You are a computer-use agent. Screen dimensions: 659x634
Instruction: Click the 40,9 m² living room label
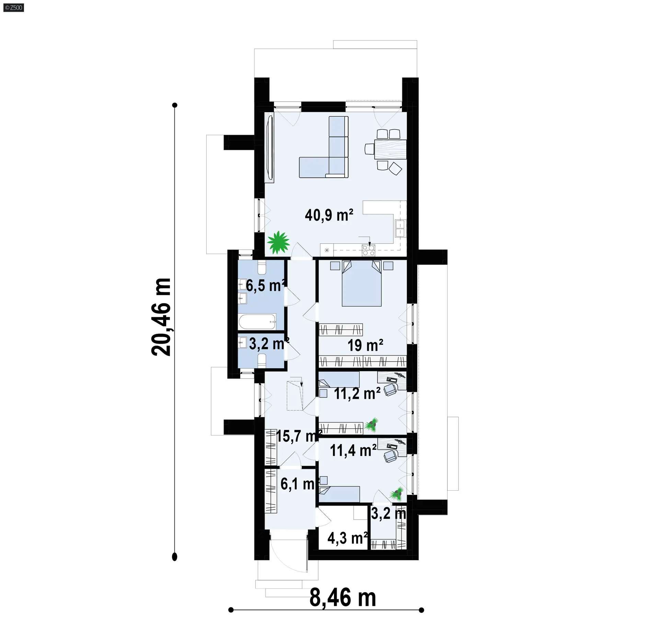click(x=329, y=215)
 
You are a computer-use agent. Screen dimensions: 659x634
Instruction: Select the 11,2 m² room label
click(x=357, y=394)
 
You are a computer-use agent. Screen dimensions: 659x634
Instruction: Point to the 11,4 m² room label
click(x=353, y=450)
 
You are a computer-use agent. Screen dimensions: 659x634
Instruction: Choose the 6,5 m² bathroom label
click(x=266, y=285)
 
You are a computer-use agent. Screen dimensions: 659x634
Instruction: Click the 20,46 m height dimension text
click(x=161, y=317)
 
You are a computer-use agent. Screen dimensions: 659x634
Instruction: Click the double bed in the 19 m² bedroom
click(x=362, y=283)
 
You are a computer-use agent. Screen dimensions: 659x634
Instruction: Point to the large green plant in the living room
click(x=278, y=242)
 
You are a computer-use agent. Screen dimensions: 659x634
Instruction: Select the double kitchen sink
click(x=400, y=229)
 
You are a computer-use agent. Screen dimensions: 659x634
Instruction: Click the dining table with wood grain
click(x=391, y=149)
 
